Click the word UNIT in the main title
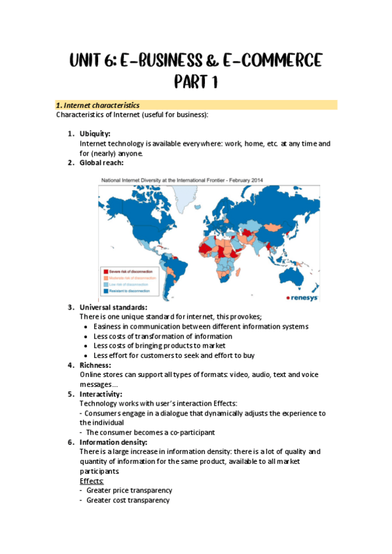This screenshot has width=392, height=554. coord(92,61)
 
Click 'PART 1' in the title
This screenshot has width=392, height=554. coord(196,83)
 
